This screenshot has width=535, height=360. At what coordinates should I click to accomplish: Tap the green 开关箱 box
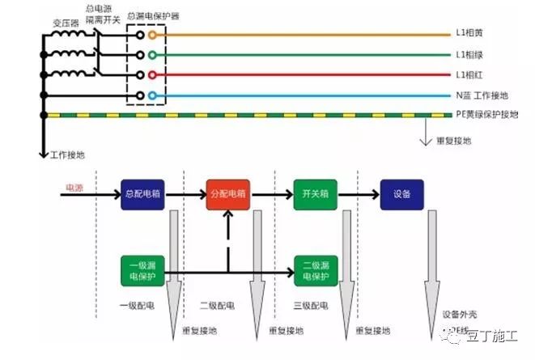coord(315,195)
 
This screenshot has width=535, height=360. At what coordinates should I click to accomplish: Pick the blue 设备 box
coord(402,195)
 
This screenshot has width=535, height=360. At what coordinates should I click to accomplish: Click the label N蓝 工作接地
coord(482,95)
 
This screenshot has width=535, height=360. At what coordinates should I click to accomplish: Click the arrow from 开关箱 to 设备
coord(359,195)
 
